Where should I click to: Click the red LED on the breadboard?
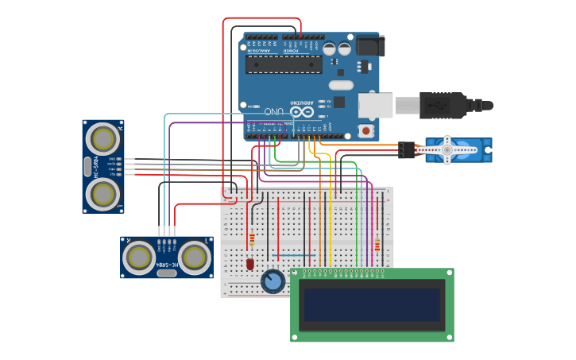[x=249, y=263]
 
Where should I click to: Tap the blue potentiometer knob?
[x=273, y=281]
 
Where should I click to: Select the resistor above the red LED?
[x=253, y=238]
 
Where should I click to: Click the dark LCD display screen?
[x=371, y=305]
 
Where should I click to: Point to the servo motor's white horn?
[x=447, y=149]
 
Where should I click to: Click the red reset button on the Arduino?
[x=365, y=130]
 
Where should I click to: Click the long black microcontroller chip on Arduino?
[x=284, y=64]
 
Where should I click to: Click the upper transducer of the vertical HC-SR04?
[x=102, y=140]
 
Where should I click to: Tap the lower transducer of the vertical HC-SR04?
[x=102, y=193]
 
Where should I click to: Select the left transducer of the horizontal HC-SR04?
[x=140, y=257]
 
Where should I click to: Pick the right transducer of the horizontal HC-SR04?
[x=194, y=257]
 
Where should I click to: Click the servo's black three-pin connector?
[x=406, y=149]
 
